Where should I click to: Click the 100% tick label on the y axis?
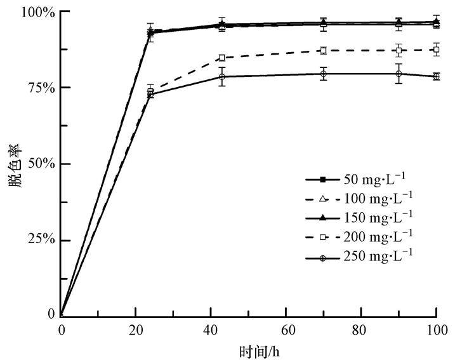[x=39, y=13]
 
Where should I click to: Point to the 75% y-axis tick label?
[x=41, y=88]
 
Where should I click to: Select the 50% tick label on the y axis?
[x=41, y=164]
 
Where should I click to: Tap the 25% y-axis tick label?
[x=41, y=240]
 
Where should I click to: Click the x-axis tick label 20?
[x=136, y=330]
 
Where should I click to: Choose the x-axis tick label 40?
[x=211, y=330]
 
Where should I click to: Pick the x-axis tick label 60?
[x=286, y=330]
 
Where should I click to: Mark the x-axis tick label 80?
[x=361, y=330]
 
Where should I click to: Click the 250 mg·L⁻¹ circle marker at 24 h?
[x=150, y=95]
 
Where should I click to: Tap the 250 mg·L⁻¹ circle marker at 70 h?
[x=324, y=74]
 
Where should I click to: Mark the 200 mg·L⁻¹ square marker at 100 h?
[x=437, y=50]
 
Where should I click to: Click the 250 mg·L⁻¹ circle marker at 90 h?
[x=399, y=74]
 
